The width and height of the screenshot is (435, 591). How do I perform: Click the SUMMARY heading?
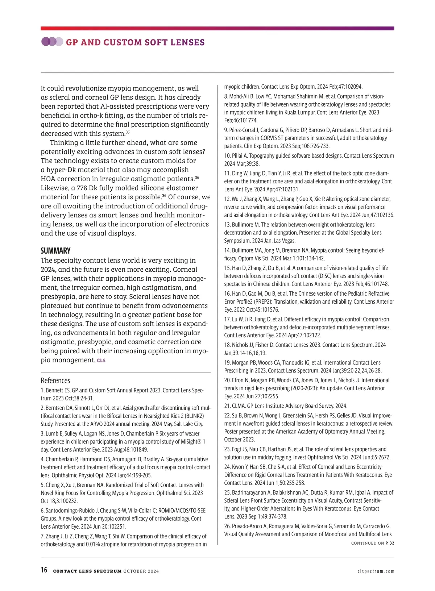[x=55, y=251]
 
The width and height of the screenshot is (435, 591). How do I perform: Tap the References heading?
[x=55, y=380]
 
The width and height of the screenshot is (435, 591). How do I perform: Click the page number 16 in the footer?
[x=44, y=570]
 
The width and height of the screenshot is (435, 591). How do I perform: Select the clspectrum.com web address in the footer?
[x=376, y=571]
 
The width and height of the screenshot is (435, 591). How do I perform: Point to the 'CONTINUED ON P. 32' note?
[x=373, y=543]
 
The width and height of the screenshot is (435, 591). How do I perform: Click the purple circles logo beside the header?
[x=52, y=42]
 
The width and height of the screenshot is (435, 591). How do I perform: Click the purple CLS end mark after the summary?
[x=101, y=361]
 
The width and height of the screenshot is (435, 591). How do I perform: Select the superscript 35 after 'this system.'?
[x=128, y=132]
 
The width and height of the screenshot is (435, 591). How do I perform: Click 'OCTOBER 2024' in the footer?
[x=141, y=571]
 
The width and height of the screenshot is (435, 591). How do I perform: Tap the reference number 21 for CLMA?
[x=227, y=406]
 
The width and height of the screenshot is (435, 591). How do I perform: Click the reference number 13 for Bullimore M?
[x=227, y=225]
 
